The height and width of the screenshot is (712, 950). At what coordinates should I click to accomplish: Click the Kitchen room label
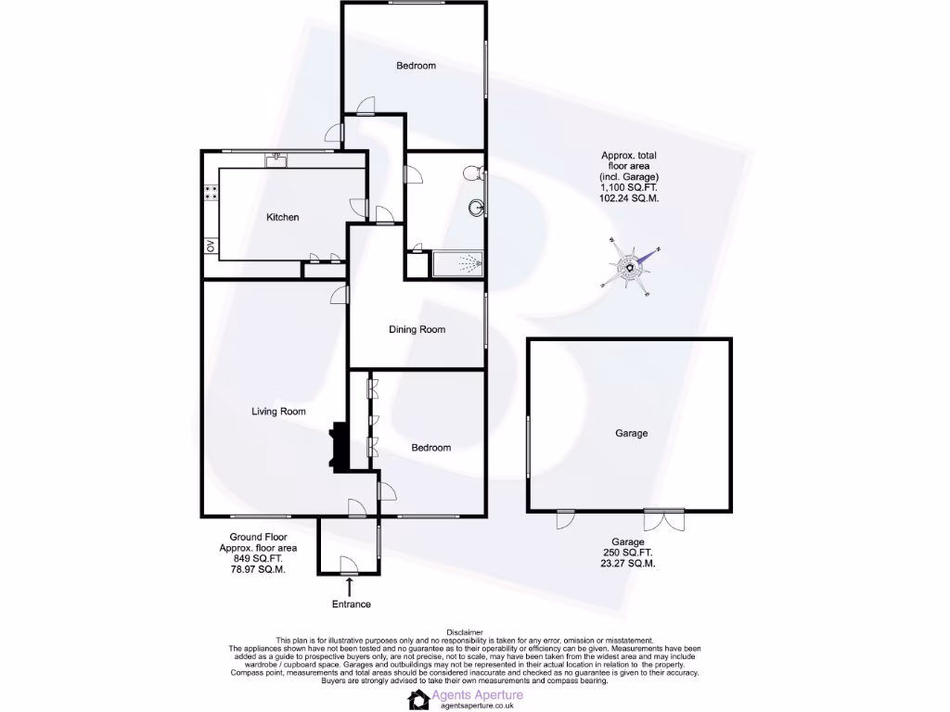[283, 217]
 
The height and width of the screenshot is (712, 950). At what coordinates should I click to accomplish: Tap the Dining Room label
[417, 329]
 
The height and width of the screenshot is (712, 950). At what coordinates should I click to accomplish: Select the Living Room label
[278, 412]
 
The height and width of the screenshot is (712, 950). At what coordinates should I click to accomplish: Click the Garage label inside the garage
[631, 433]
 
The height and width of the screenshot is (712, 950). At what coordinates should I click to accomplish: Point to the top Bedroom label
[416, 66]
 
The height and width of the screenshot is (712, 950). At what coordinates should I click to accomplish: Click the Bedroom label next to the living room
[430, 448]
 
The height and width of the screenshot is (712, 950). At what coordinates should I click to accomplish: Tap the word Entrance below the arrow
[352, 604]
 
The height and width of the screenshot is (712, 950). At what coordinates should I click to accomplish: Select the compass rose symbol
[630, 269]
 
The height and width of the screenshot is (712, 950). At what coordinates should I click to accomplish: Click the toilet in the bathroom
[474, 173]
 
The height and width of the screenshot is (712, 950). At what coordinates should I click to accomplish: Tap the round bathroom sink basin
[477, 207]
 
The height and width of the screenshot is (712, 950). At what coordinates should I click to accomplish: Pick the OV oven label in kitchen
[211, 246]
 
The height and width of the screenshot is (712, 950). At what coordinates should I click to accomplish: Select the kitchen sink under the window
[276, 160]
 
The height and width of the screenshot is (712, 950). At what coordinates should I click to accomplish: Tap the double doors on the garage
[663, 518]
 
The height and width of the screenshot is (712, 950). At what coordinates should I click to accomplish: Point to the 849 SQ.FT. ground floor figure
[258, 558]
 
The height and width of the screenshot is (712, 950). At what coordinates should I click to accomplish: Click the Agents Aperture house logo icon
[418, 699]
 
